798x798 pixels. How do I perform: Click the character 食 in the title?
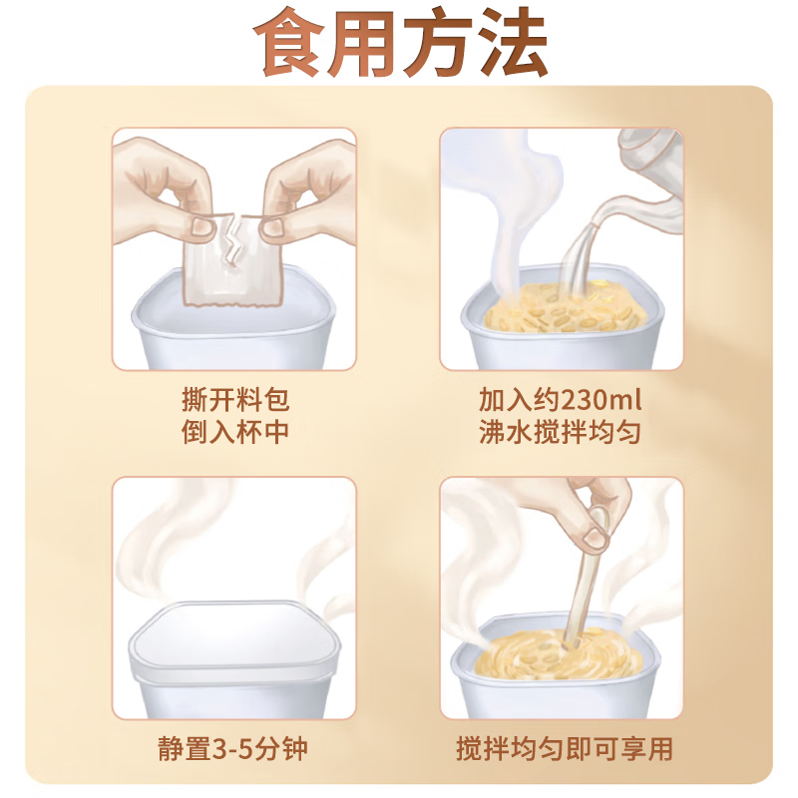289,42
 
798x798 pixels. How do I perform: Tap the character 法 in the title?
513,42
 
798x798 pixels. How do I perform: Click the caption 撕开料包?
235,400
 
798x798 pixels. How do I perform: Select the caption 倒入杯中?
235,432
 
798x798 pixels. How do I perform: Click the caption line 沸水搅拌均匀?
560,432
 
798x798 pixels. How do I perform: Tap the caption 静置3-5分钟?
233,749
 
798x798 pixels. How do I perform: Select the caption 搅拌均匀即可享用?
565,749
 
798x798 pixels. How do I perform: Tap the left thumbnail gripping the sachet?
202,227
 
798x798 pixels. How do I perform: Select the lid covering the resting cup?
234,637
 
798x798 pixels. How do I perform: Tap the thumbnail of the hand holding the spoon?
595,538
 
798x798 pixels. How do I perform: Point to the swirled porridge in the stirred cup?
558,655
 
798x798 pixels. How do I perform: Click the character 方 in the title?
438,42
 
